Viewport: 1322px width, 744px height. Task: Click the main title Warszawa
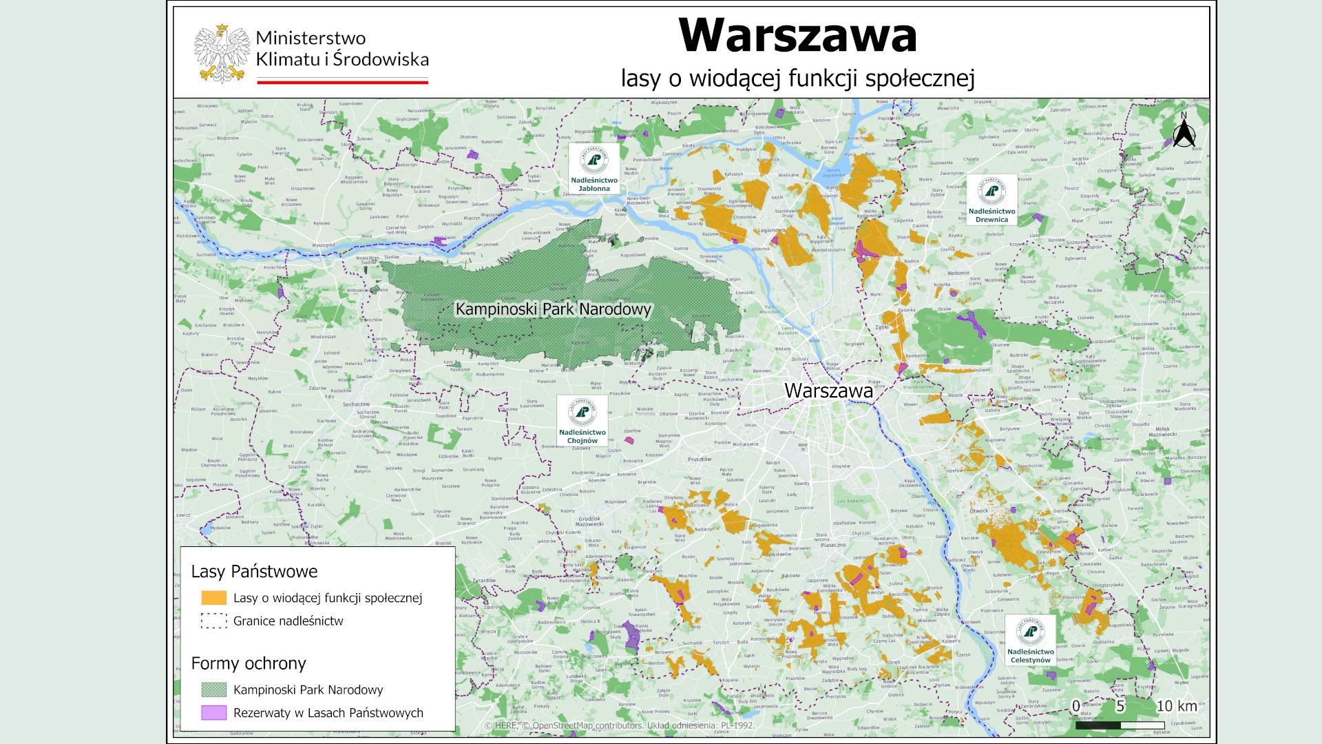pyautogui.click(x=797, y=36)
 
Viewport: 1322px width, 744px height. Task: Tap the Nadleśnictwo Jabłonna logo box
pyautogui.click(x=594, y=169)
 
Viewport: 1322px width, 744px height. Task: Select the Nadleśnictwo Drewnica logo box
pyautogui.click(x=991, y=200)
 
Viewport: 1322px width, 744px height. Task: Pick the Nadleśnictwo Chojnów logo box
pyautogui.click(x=583, y=421)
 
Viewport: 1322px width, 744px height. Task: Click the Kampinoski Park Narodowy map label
pyautogui.click(x=553, y=309)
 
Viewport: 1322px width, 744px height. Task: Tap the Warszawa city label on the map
pyautogui.click(x=828, y=391)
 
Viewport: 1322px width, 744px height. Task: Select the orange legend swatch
pyautogui.click(x=213, y=598)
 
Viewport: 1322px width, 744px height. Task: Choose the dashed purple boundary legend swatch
pyautogui.click(x=213, y=621)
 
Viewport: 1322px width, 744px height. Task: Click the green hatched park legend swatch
pyautogui.click(x=213, y=690)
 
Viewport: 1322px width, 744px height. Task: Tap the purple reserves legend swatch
pyautogui.click(x=213, y=713)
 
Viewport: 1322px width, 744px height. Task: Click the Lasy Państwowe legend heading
pyautogui.click(x=254, y=571)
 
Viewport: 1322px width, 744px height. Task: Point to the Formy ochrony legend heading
pyautogui.click(x=248, y=663)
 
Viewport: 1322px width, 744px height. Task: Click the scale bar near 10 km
pyautogui.click(x=1120, y=725)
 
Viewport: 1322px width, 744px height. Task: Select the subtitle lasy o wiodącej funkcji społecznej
pyautogui.click(x=797, y=79)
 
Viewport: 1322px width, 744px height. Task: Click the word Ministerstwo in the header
pyautogui.click(x=311, y=38)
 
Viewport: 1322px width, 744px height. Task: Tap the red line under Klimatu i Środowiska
pyautogui.click(x=342, y=81)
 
